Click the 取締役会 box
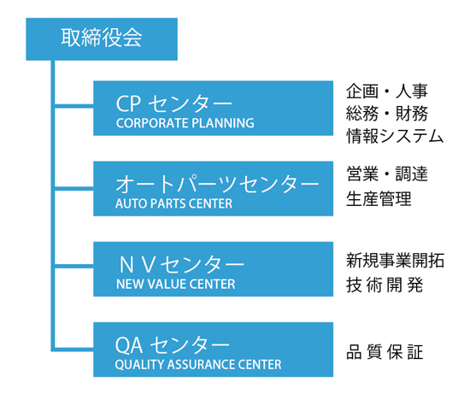(102, 39)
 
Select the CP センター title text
(173, 103)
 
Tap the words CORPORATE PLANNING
(185, 123)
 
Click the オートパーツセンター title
(217, 184)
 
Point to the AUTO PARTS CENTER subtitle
(173, 203)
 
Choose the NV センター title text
(182, 265)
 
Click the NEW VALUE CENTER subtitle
(176, 284)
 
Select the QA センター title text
(173, 345)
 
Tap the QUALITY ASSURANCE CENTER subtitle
(198, 364)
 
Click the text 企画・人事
(386, 91)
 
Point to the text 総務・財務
(386, 114)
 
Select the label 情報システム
(395, 136)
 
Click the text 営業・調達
(386, 173)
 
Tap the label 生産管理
(379, 198)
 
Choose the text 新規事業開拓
(395, 260)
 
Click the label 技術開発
(385, 285)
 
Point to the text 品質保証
(385, 352)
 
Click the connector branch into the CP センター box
(74, 106)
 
